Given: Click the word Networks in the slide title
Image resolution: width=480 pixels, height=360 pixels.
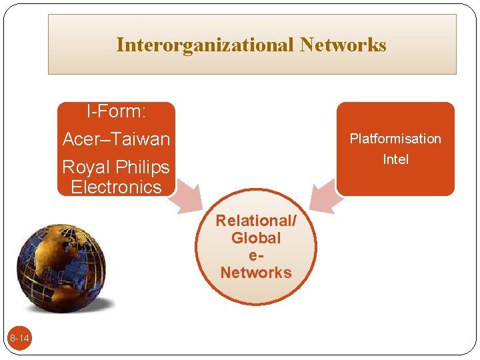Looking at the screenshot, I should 343,45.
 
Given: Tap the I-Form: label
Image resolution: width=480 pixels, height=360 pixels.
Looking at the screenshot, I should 116,111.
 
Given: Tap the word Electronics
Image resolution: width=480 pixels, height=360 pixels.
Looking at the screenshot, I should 116,187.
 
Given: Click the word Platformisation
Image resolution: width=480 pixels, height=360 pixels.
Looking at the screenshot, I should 395,139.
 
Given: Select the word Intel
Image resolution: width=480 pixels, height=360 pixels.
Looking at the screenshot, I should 395,159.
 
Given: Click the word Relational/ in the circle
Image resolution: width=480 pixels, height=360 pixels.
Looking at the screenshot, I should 256,221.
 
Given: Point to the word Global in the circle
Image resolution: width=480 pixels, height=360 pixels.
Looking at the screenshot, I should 256,238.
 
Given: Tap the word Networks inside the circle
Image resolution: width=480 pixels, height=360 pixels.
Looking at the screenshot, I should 256,273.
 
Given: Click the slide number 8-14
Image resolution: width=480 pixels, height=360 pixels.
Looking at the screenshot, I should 19,339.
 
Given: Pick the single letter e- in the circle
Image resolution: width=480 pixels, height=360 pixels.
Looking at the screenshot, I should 256,255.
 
